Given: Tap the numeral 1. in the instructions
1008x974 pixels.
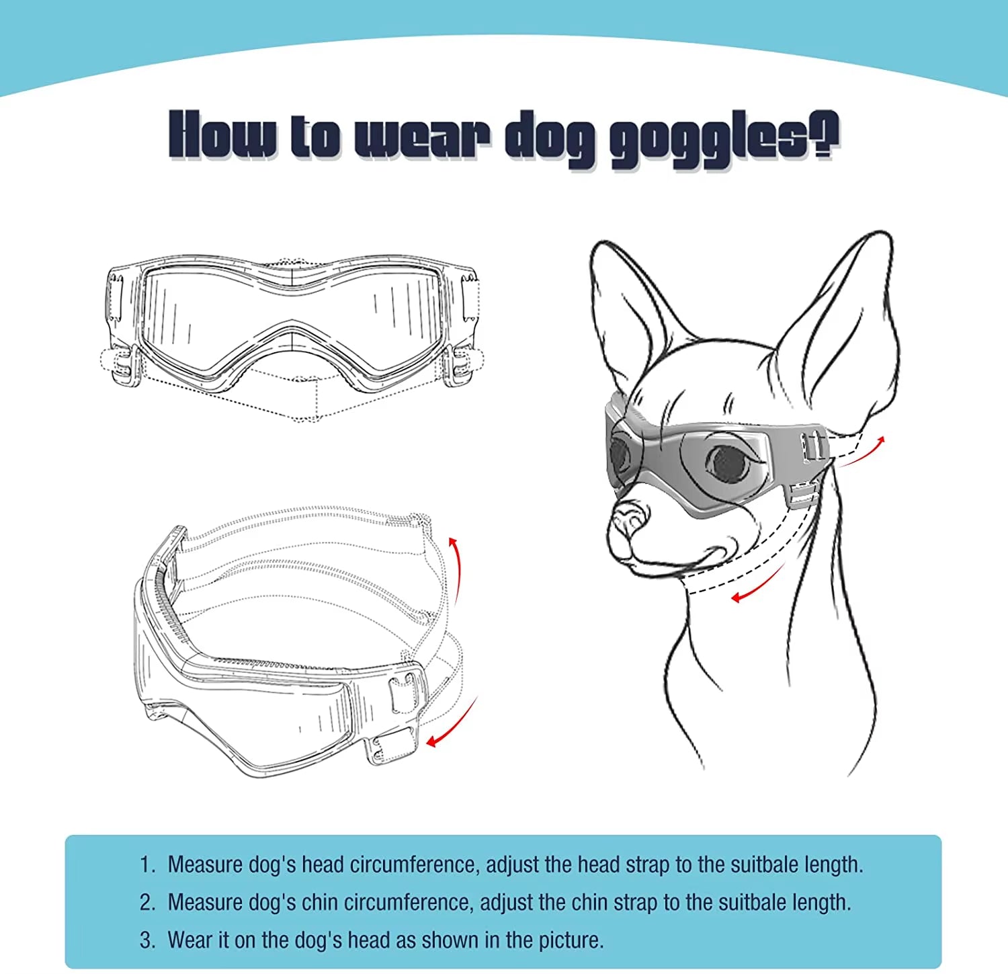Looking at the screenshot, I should click(148, 864).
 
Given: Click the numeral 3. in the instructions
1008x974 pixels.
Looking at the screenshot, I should click(148, 940).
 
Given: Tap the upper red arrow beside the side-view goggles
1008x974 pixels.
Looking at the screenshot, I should click(457, 568).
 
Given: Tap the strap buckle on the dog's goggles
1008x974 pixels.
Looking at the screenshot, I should click(812, 446).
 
